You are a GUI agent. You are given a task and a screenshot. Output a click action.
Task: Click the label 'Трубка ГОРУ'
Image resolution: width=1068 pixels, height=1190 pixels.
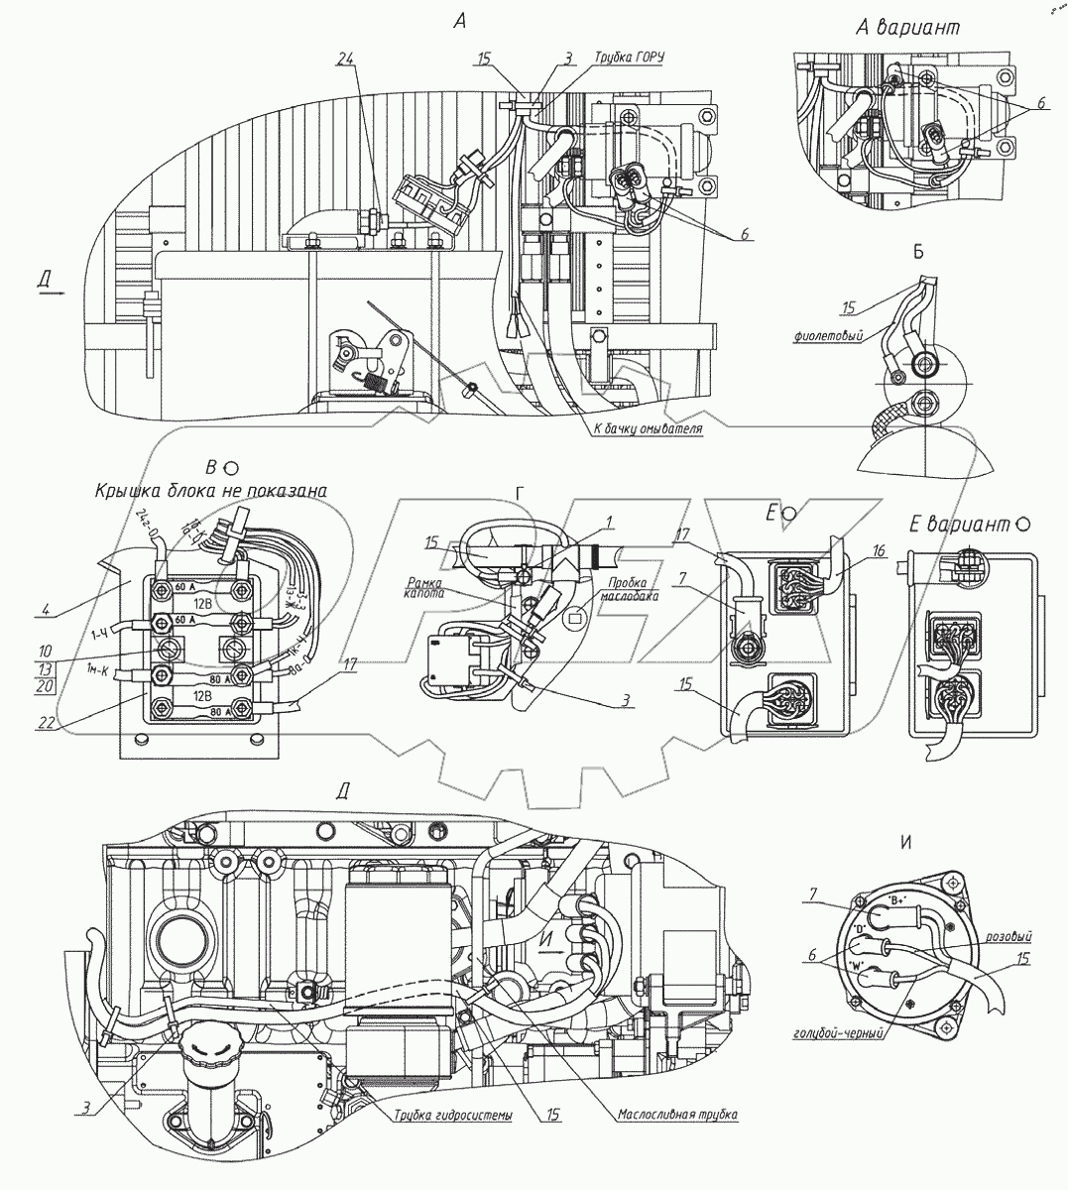pos(628,58)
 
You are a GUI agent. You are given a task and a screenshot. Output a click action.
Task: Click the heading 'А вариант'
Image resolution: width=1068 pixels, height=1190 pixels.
pos(908,29)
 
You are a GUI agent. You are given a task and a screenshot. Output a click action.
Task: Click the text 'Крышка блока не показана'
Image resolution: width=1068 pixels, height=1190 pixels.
pos(211,490)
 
